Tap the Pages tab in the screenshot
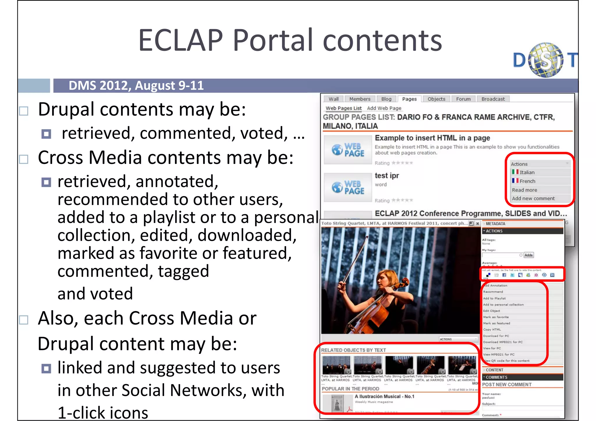point(409,99)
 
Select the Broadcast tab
point(493,99)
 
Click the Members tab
point(360,99)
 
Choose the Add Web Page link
point(384,108)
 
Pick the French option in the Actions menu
point(527,181)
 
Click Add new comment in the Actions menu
point(533,199)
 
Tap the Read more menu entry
point(524,190)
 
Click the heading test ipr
point(387,176)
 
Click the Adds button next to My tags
point(528,255)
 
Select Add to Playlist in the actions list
point(494,298)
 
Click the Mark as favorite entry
point(496,317)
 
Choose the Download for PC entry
point(496,336)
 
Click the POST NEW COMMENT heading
point(507,385)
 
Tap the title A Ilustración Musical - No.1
point(384,397)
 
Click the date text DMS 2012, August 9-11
point(136,86)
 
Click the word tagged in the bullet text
point(183,272)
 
